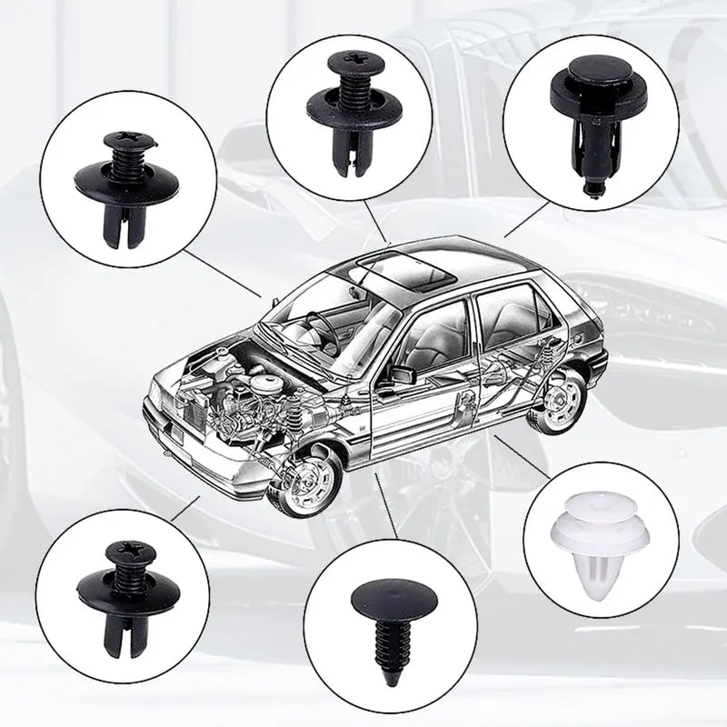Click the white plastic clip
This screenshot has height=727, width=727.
point(597,545)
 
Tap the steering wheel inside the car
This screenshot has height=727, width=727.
point(319,323)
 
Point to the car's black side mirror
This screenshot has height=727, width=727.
point(401,373)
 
